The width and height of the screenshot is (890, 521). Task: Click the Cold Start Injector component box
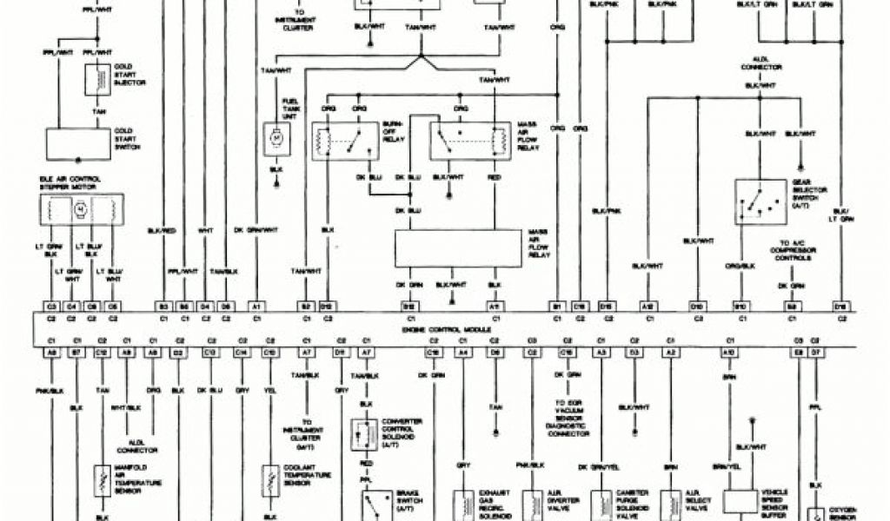tap(96, 80)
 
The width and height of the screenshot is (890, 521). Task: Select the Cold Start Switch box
tap(78, 143)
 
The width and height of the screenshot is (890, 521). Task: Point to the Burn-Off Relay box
tap(345, 141)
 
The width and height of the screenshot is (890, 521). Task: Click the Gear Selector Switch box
tap(761, 202)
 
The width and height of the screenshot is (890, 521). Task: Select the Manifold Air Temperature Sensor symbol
tap(102, 479)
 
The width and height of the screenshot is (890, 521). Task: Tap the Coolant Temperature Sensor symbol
tap(269, 479)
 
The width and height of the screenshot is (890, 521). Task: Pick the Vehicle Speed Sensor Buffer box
tap(741, 501)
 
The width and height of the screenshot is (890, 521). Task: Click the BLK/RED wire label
tap(163, 230)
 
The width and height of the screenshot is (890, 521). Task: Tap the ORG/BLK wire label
tap(741, 266)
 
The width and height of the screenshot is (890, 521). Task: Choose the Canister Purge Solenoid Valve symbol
tap(601, 503)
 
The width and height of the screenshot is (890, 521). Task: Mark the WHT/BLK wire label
tap(127, 406)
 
